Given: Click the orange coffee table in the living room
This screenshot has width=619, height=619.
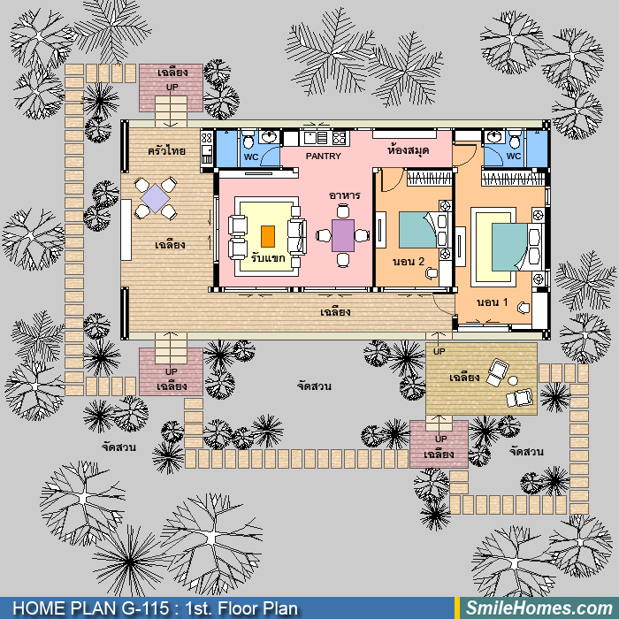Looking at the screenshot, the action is [x=268, y=236].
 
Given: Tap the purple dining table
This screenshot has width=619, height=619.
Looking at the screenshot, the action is [x=343, y=235].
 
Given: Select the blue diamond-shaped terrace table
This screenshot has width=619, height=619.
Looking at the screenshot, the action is [x=155, y=198].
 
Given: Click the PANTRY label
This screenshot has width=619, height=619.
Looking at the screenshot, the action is [x=323, y=157].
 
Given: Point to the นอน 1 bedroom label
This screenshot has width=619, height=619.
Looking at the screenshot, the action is [x=493, y=302].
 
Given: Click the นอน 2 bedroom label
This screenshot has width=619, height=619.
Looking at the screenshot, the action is [x=409, y=262].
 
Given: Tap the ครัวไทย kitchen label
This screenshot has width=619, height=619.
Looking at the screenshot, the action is [x=166, y=151].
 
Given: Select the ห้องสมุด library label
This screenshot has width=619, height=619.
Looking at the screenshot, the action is [x=408, y=150].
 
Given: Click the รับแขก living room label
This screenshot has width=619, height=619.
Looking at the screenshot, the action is [x=268, y=258].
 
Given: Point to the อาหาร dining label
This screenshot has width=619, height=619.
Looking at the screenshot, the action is [x=344, y=195].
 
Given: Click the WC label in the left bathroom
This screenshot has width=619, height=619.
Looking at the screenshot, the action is [x=251, y=157].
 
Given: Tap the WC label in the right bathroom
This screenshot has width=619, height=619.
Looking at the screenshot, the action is [x=514, y=156].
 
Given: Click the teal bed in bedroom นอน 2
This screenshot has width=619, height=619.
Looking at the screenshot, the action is [x=418, y=230].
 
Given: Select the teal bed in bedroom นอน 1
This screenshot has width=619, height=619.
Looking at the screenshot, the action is [x=510, y=247].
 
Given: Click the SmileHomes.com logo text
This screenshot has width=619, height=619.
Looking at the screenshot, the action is [x=539, y=608].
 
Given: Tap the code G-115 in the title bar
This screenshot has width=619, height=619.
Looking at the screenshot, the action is [x=145, y=608].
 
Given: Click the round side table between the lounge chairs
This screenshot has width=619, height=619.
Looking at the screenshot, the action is [x=513, y=380].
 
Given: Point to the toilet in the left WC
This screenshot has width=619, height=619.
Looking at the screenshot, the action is [x=248, y=139].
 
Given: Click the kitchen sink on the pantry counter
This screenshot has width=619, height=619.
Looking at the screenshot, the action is [x=309, y=137].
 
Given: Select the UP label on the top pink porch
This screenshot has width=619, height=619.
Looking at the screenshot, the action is [x=172, y=87].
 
